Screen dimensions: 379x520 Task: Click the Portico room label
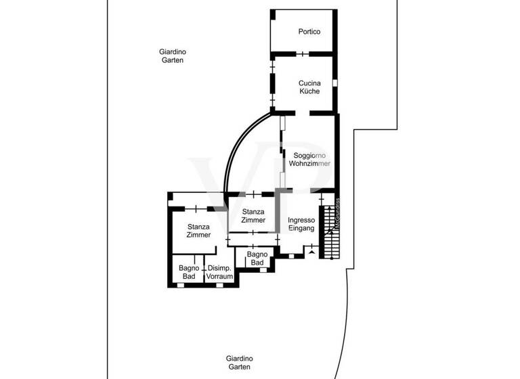[x=309, y=32]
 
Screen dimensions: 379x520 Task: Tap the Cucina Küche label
[x=309, y=87]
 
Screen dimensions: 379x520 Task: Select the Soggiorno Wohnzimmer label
[x=309, y=160]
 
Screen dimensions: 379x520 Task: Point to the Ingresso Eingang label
[x=301, y=225]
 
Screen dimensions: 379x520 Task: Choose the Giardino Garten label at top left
[x=173, y=55]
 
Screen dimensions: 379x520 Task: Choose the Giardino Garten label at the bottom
[x=240, y=362]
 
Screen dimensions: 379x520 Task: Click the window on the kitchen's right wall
[x=334, y=83]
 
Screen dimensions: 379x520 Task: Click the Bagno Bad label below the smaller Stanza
[x=256, y=259]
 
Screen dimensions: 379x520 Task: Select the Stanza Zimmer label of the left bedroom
[x=198, y=231]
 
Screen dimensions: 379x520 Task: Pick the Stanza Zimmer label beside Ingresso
[x=253, y=216]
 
